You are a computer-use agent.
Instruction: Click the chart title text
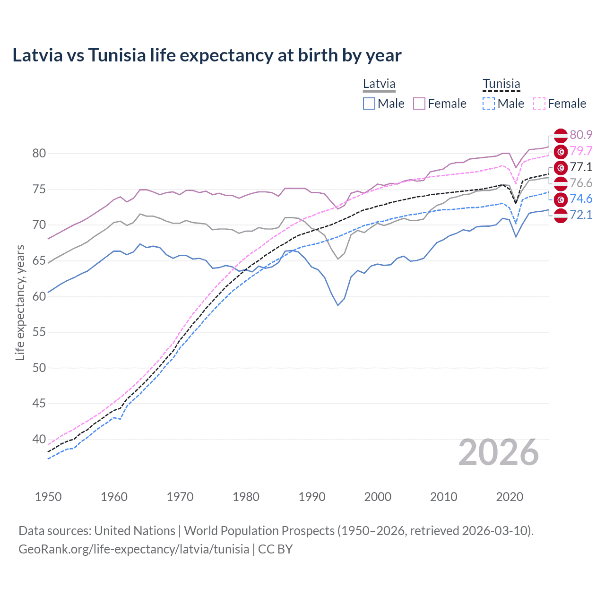(207, 55)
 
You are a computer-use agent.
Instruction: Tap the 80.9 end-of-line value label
(581, 135)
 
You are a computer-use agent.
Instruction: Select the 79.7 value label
(581, 151)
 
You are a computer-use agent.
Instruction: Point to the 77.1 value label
(581, 167)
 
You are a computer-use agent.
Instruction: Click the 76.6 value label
(581, 183)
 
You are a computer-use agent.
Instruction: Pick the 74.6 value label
(581, 199)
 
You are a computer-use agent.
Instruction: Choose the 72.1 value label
(581, 215)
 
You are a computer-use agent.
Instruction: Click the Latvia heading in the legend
(379, 84)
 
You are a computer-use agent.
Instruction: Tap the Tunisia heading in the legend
(501, 84)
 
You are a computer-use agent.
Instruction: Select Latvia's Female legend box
(419, 104)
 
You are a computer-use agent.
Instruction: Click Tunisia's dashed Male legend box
(489, 104)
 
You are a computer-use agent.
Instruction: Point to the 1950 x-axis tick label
(48, 497)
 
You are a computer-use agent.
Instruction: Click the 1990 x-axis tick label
(312, 497)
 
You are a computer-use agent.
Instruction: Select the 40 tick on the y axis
(39, 439)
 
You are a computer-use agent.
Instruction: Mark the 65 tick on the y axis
(39, 260)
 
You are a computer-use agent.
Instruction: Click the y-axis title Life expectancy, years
(20, 302)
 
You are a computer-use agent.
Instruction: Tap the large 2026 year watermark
(498, 452)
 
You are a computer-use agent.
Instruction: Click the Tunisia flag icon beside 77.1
(561, 167)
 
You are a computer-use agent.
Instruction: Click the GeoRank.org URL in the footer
(134, 549)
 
